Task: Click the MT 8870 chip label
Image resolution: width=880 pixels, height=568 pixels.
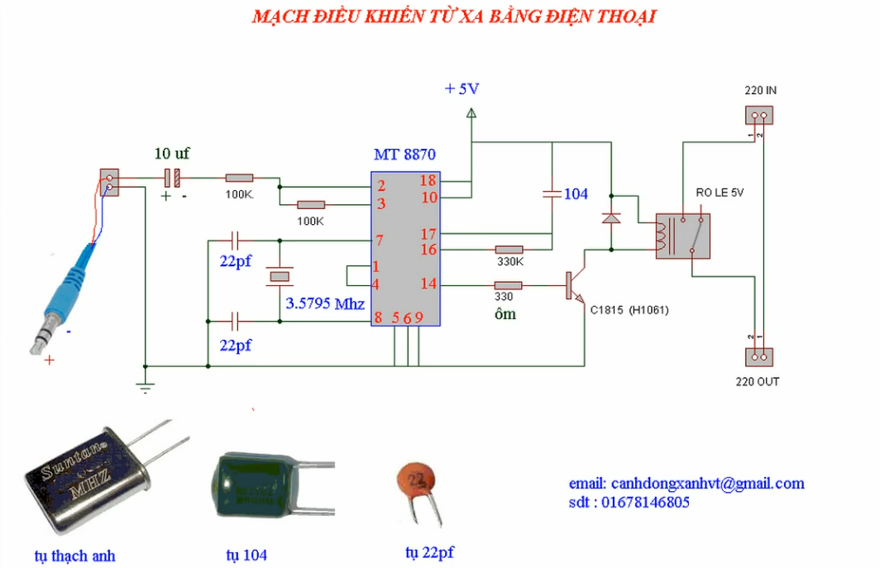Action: point(404,155)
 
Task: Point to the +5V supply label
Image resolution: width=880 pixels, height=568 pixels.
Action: point(462,88)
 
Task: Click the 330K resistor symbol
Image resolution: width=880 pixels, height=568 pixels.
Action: point(509,249)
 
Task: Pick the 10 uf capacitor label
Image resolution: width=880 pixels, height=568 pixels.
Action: point(172,153)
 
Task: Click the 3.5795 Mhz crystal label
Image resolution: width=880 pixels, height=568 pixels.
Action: point(325,303)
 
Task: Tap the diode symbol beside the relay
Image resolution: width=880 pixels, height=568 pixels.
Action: point(611,218)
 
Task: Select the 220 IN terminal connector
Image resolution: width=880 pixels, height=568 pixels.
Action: point(759,118)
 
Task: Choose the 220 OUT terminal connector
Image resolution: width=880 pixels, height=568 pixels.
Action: point(759,356)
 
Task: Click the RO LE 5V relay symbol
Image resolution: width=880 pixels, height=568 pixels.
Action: point(682,236)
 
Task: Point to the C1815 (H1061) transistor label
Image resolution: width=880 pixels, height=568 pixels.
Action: point(629,310)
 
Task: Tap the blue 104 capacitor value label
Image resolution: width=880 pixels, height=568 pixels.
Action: point(576,193)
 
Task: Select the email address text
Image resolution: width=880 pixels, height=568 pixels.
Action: point(686,484)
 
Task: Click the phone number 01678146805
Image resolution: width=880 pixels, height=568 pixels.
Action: point(629,502)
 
